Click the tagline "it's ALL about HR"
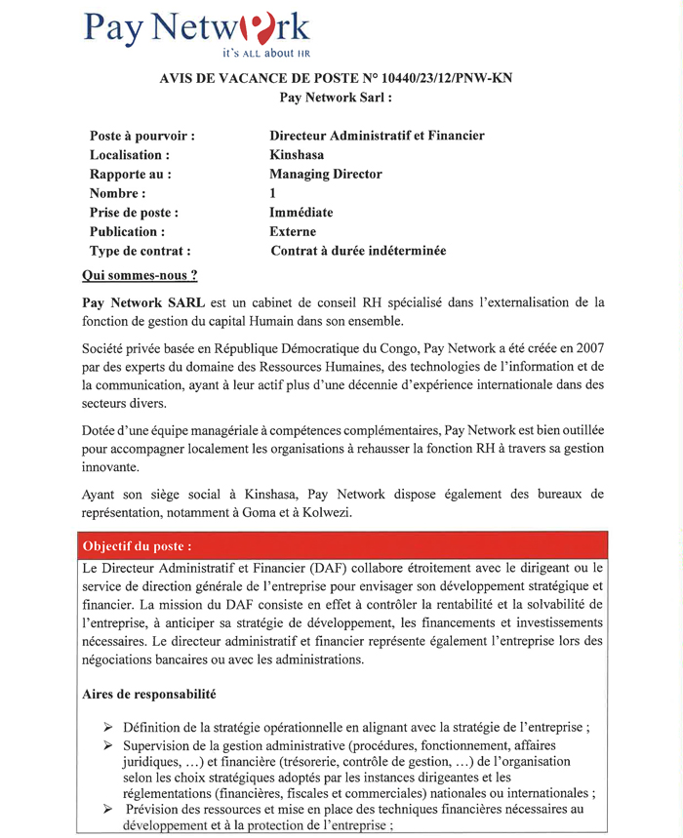(x=266, y=54)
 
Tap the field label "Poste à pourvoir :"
(x=141, y=136)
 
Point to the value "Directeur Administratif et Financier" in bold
(x=377, y=136)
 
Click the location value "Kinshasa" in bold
(x=297, y=155)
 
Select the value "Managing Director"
(x=325, y=175)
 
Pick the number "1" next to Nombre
(x=273, y=194)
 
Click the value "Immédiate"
(x=301, y=213)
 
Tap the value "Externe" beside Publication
(x=293, y=232)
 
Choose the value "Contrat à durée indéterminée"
(x=358, y=252)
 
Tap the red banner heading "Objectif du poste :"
(x=138, y=545)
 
